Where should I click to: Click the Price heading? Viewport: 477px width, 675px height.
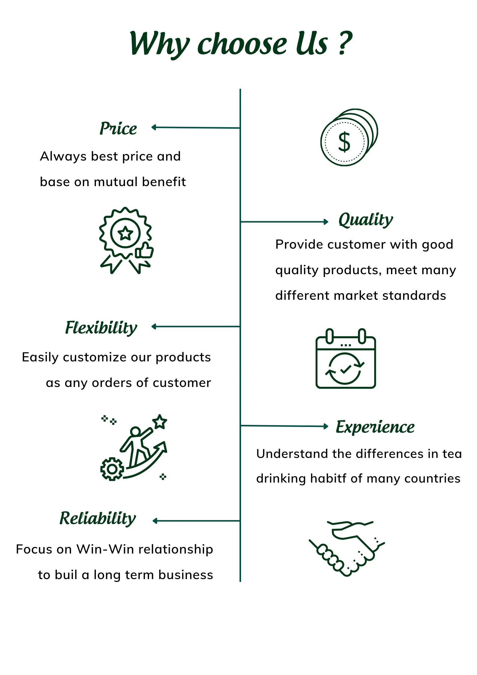[118, 129]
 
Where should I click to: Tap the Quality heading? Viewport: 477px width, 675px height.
[365, 219]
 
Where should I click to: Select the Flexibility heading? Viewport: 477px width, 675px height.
[101, 328]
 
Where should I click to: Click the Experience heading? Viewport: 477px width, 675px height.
[375, 427]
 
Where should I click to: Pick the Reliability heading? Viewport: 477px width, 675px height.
[98, 519]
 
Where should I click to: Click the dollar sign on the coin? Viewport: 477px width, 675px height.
[344, 142]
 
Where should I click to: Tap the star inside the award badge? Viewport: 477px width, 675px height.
[125, 233]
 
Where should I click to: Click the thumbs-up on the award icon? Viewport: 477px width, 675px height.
[145, 250]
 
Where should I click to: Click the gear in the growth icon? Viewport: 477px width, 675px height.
[112, 469]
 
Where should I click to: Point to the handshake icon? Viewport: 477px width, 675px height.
[347, 548]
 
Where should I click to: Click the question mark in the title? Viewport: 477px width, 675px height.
[345, 44]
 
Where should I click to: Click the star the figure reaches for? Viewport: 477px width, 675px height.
[160, 422]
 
